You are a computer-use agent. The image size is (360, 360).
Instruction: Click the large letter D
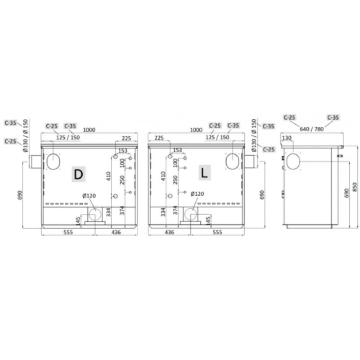coord(78,175)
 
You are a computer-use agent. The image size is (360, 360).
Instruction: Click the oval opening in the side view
coord(292,161)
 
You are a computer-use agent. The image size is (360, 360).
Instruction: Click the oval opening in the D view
coord(53,161)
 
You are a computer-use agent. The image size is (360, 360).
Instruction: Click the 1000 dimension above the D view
coord(89,130)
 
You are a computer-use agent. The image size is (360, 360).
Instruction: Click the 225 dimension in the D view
coord(126,138)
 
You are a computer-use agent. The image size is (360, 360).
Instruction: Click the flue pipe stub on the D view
coord(35,161)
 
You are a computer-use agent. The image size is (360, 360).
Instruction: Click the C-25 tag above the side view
coord(289,117)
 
